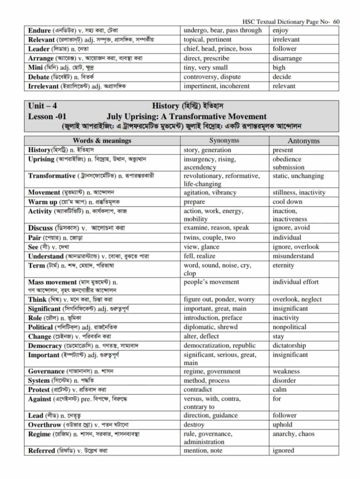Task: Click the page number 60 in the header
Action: point(336,22)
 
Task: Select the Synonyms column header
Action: point(224,141)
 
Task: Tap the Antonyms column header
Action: point(303,141)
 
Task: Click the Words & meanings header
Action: point(102,141)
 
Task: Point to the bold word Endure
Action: point(39,30)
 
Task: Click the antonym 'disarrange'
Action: point(287,58)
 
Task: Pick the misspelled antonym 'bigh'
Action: point(279,68)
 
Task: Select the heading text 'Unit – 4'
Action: point(42,106)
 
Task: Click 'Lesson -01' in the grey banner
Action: point(47,116)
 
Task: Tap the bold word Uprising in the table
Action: point(41,159)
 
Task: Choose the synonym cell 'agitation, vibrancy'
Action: point(210,193)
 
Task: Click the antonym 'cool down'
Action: point(287,202)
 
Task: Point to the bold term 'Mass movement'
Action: point(52,282)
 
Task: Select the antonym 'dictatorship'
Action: point(289,346)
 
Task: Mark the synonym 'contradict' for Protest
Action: point(198,390)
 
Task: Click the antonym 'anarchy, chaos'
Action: point(293,434)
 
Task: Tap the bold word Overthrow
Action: point(44,425)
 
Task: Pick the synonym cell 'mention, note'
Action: point(203,451)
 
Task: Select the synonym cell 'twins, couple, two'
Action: point(209,238)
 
